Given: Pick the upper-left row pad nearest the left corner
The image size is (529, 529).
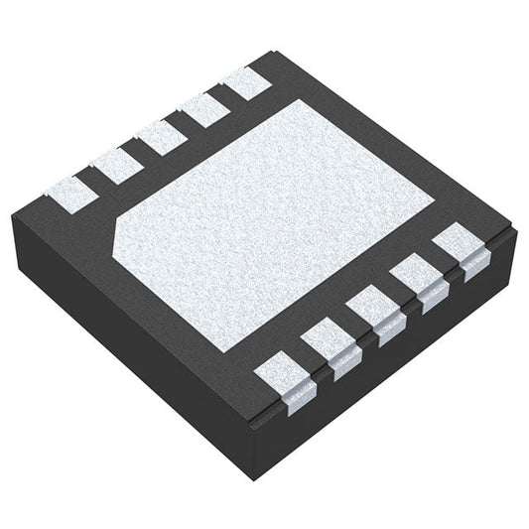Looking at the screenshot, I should [x=69, y=189].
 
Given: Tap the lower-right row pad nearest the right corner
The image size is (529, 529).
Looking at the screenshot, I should [x=458, y=242].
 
